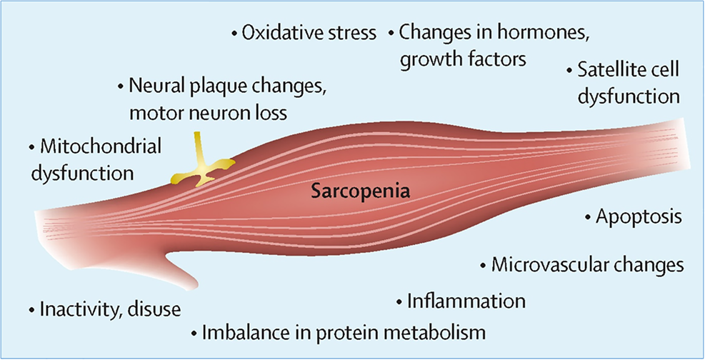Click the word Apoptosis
coord(639,216)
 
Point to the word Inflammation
coord(466,301)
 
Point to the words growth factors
coord(463,58)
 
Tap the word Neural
coord(156,86)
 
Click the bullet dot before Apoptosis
coord(587,216)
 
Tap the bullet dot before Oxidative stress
coord(234,34)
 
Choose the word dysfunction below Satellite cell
coord(628,96)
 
